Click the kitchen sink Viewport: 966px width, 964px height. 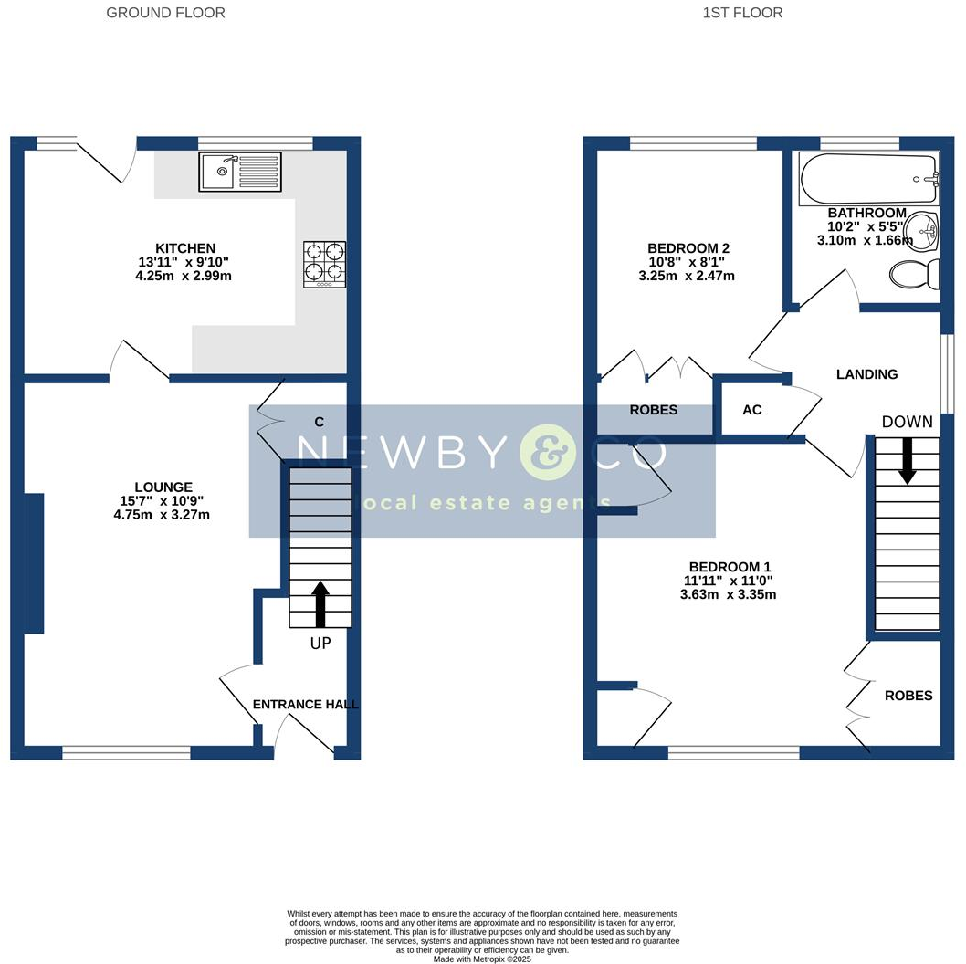[240, 172]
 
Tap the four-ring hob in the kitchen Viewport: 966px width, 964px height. [325, 264]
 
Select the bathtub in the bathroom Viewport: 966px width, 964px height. [868, 179]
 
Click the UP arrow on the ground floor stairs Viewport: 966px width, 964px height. [320, 603]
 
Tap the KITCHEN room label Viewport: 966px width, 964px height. [185, 248]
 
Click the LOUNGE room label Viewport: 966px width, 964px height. [162, 487]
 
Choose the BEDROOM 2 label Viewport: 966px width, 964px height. [688, 248]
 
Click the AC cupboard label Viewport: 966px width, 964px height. [751, 410]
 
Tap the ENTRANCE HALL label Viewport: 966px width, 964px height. [305, 705]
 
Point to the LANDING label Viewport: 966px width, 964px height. [867, 374]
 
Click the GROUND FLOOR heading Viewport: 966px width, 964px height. [165, 13]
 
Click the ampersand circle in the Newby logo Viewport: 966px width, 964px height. [548, 452]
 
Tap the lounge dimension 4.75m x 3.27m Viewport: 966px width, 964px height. [162, 514]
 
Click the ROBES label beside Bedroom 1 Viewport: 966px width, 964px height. [908, 696]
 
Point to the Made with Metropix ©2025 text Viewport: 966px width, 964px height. [482, 959]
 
